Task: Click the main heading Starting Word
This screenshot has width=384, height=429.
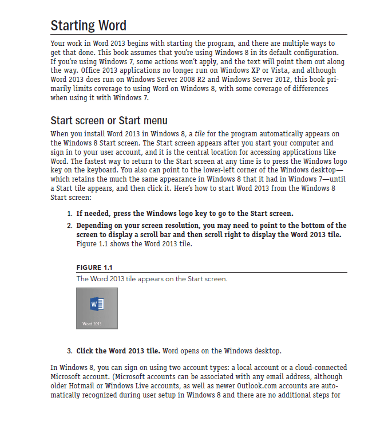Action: [x=88, y=26]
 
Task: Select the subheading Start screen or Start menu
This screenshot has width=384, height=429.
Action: [x=109, y=120]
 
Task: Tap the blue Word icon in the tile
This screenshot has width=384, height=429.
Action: [x=97, y=304]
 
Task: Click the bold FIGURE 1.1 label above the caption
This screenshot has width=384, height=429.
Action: [x=94, y=267]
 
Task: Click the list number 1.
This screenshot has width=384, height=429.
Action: [x=69, y=214]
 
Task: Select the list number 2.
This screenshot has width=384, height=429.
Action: [x=69, y=226]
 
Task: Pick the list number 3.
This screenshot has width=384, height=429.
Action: [x=69, y=351]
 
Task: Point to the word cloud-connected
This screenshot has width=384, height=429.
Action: [x=316, y=367]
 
